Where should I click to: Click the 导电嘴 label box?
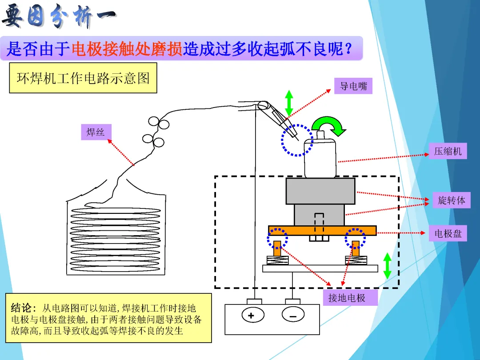[353, 86]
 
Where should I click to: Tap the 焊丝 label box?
[96, 132]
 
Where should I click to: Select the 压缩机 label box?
[448, 151]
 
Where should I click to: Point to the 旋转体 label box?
[451, 200]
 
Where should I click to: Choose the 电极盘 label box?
[448, 233]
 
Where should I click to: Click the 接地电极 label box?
[347, 298]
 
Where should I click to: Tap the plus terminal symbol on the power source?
[251, 316]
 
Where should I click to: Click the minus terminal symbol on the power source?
[293, 316]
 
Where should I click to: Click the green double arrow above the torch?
[289, 103]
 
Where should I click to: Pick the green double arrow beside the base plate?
[387, 266]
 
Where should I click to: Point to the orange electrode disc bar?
[322, 230]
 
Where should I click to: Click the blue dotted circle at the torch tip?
[297, 140]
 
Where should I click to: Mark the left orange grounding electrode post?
[277, 248]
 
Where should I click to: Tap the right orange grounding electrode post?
[356, 248]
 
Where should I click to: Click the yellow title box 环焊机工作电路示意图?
[83, 78]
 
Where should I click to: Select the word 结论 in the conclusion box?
[23, 308]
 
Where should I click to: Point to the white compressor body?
[320, 158]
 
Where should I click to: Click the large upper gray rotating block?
[320, 191]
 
